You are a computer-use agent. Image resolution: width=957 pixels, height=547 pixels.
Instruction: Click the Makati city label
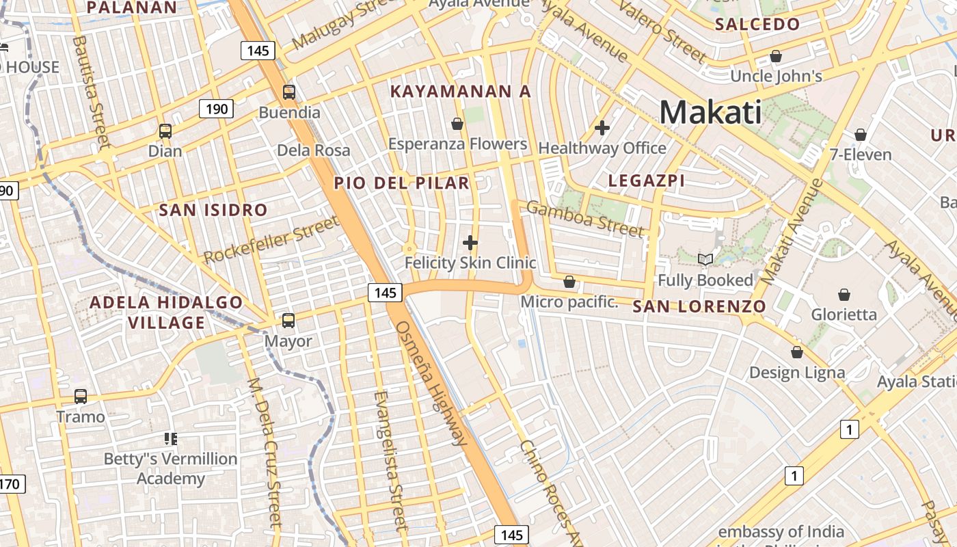[710, 112]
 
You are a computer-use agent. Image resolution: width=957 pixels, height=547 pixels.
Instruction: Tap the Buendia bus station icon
[289, 92]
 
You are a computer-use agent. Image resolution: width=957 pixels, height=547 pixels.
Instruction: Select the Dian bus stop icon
[165, 131]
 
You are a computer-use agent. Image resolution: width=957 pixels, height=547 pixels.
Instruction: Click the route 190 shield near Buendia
[217, 108]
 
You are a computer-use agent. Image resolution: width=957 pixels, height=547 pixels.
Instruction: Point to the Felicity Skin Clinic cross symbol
[470, 243]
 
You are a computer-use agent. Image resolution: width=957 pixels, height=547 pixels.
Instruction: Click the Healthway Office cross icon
[602, 128]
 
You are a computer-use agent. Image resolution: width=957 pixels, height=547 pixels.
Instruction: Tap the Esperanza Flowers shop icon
[457, 124]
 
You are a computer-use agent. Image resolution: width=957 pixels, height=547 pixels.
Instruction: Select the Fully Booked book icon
[705, 260]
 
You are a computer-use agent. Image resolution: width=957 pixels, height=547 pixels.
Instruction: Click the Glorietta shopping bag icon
[844, 295]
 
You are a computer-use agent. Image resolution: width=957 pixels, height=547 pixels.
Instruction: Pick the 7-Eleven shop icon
[861, 135]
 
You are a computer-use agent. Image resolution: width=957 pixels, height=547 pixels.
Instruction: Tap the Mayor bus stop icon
[288, 320]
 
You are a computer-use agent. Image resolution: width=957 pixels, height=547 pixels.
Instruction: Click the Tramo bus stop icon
[81, 397]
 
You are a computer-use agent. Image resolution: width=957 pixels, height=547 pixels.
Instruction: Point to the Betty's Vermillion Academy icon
[170, 438]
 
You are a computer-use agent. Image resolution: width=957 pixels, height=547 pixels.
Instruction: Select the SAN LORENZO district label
[699, 306]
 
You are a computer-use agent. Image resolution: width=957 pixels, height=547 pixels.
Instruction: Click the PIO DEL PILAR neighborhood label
[402, 183]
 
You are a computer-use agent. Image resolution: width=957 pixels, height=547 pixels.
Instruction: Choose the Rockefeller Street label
[271, 239]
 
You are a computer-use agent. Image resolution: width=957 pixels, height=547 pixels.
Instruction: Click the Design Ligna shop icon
[797, 353]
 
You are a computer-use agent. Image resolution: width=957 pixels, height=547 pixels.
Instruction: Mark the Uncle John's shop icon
[776, 56]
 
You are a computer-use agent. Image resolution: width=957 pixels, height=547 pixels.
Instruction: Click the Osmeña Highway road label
[431, 383]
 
